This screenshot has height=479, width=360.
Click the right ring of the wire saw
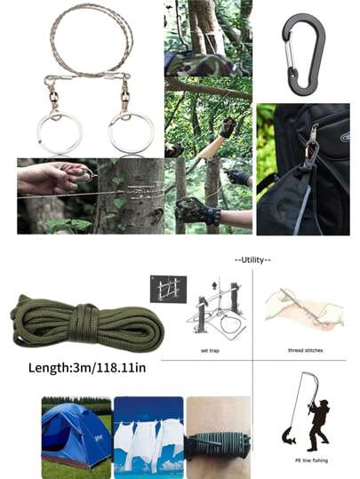click(x=110, y=134)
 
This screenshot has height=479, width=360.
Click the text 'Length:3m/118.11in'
click(x=87, y=368)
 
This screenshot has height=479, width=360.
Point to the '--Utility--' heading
click(x=252, y=260)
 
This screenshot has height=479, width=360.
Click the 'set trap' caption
click(x=210, y=350)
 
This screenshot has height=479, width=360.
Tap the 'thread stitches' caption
click(x=305, y=350)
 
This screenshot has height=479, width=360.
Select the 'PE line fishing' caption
click(x=311, y=460)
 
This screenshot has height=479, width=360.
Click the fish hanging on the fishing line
click(x=288, y=436)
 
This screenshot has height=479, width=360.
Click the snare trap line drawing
click(x=216, y=309)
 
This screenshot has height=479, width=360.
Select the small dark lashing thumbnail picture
click(x=168, y=289)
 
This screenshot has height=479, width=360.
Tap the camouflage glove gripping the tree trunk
click(x=197, y=212)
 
